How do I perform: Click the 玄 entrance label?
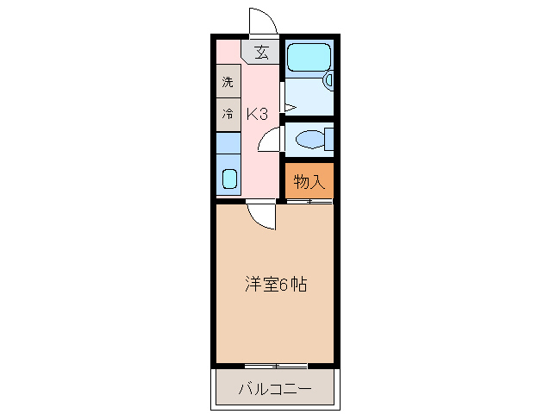(x=260, y=52)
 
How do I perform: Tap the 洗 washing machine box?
(x=228, y=83)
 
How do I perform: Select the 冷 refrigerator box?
(x=228, y=114)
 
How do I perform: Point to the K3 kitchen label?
(x=258, y=113)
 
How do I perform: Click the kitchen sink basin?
(x=229, y=179)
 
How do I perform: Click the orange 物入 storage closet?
(x=309, y=181)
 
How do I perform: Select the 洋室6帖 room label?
(x=275, y=282)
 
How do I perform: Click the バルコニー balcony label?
(x=275, y=389)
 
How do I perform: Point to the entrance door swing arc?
(x=261, y=21)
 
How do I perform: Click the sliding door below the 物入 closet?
(x=309, y=202)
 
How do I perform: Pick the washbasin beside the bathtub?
(x=328, y=81)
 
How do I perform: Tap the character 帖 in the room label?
(x=298, y=282)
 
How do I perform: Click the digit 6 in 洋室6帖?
(x=284, y=282)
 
